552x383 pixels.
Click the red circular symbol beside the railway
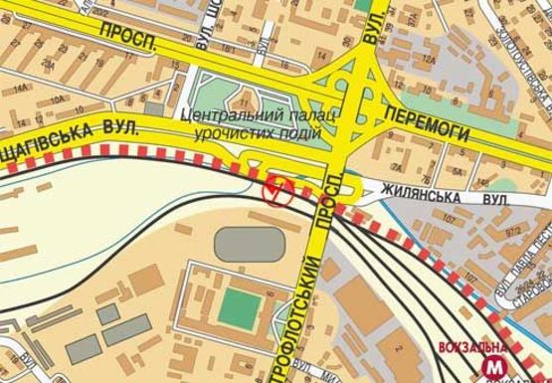[276, 189]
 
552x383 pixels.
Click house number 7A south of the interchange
[395, 166]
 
